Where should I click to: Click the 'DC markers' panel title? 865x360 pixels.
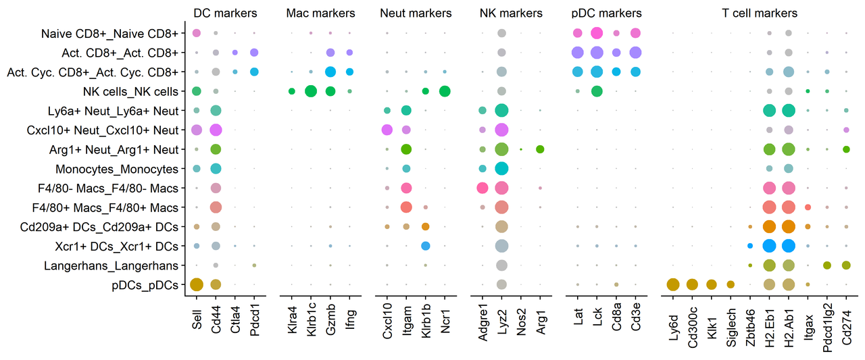225,13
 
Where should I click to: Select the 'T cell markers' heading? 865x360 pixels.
760,13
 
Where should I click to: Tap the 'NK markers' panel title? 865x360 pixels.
511,13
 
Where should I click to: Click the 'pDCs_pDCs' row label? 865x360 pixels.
145,285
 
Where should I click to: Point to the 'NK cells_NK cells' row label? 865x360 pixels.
130,91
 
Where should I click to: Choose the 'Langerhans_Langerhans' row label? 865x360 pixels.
112,266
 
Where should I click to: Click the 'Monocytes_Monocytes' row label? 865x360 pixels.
117,169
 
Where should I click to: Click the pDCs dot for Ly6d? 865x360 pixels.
673,285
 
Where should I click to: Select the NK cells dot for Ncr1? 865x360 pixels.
445,91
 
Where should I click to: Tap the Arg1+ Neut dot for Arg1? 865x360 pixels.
540,149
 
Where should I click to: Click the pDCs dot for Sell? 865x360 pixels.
197,285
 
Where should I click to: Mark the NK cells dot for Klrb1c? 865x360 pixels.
311,91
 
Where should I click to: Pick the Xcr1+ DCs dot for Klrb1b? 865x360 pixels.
426,246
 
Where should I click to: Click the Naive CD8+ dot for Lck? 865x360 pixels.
597,33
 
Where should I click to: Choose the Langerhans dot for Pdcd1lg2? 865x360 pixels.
827,265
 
